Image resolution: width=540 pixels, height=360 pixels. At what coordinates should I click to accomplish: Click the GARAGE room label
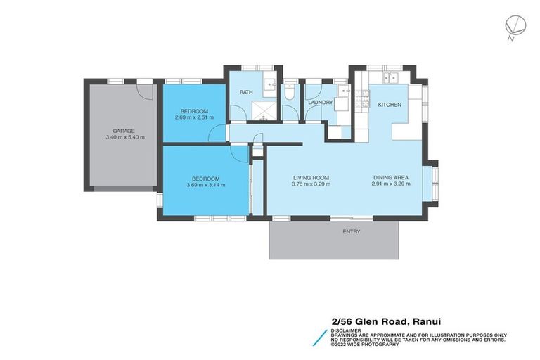coord(124,131)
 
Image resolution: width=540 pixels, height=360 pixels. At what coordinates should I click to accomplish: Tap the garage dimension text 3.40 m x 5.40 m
coord(124,137)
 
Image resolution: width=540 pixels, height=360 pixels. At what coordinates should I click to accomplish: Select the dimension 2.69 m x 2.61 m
coord(194,117)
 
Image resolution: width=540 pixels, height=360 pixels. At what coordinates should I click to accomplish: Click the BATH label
coord(246,92)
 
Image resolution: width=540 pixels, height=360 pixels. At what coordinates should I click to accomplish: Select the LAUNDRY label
coord(320,103)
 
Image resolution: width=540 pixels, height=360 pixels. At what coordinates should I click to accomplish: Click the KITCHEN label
coord(390,105)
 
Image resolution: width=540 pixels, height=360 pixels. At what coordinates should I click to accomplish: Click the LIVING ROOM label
coord(311,178)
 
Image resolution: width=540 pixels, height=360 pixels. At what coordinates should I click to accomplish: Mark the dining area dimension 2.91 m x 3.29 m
coord(391,184)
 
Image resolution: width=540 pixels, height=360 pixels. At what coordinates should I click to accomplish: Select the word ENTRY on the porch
coord(352,231)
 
